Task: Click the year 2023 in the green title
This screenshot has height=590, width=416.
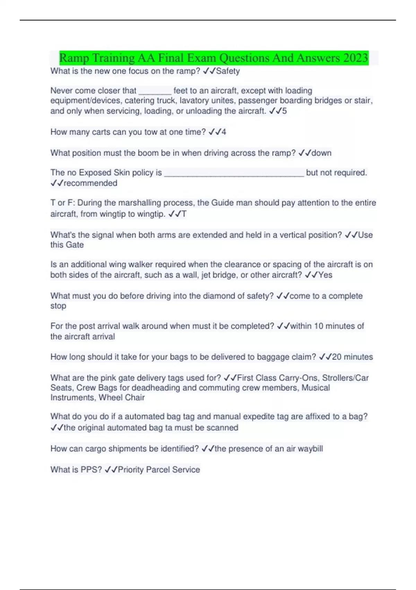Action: click(356, 58)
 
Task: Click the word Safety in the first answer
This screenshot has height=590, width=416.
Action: click(228, 71)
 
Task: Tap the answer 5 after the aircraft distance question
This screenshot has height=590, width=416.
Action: click(285, 111)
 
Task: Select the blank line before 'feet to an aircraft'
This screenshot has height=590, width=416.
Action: click(155, 91)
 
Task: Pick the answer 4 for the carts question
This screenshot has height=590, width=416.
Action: click(224, 132)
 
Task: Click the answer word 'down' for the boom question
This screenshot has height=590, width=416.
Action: click(321, 153)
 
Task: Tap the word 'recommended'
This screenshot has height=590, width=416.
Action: click(90, 183)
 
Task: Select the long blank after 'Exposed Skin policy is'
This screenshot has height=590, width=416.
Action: click(234, 173)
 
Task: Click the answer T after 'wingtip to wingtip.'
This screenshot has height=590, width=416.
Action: click(184, 214)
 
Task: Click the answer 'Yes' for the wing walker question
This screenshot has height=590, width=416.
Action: click(325, 275)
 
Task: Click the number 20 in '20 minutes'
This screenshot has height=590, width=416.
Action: click(337, 357)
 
